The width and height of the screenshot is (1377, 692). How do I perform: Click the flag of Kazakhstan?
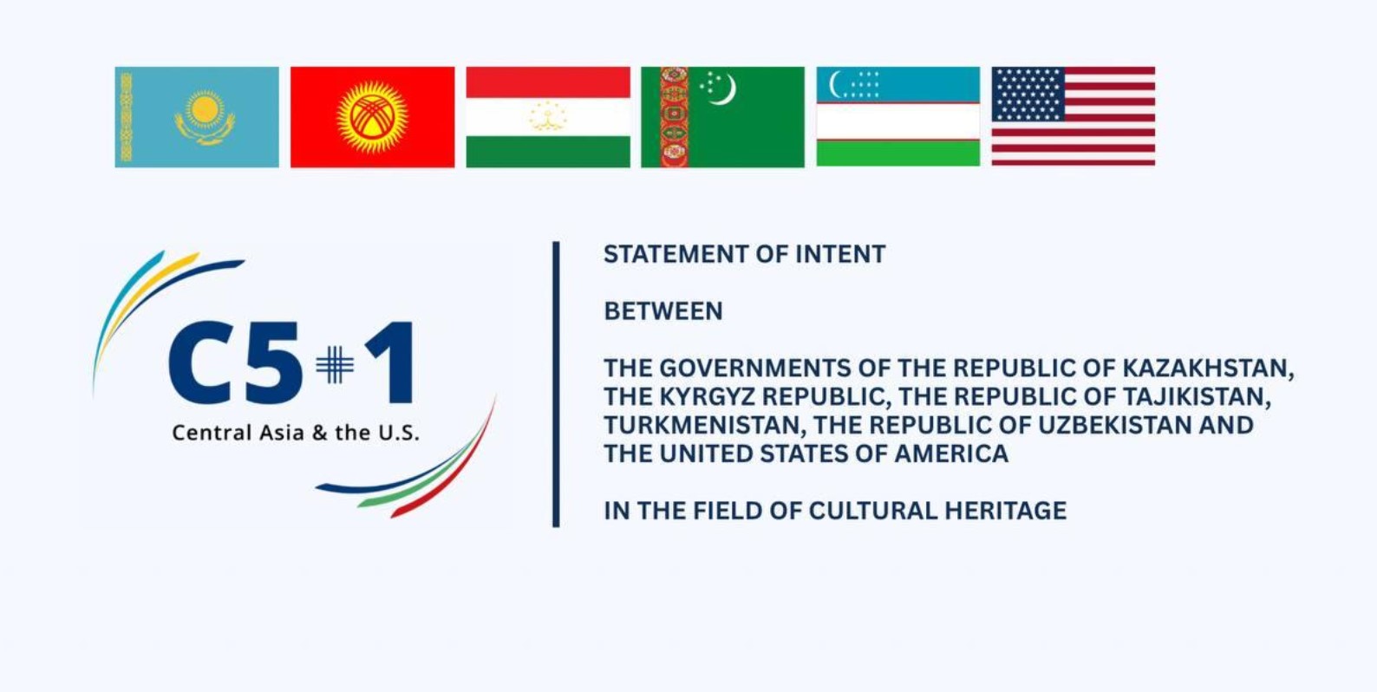pyautogui.click(x=197, y=117)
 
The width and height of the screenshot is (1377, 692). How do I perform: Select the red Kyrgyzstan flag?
pyautogui.click(x=373, y=117)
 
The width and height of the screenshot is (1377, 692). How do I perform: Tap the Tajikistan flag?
pyautogui.click(x=548, y=117)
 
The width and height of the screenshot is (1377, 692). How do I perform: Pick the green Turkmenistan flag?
pyautogui.click(x=723, y=117)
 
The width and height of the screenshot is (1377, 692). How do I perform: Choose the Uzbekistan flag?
pyautogui.click(x=898, y=116)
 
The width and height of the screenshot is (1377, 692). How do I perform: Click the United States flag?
pyautogui.click(x=1074, y=116)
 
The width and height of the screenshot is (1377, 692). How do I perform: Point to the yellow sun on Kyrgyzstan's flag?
pyautogui.click(x=373, y=117)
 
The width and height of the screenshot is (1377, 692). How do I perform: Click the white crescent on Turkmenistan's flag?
pyautogui.click(x=723, y=89)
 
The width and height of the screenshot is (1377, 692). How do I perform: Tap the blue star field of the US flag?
pyautogui.click(x=1028, y=94)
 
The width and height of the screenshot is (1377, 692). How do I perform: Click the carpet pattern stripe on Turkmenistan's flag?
pyautogui.click(x=675, y=117)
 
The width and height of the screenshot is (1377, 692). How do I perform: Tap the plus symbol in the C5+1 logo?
pyautogui.click(x=335, y=364)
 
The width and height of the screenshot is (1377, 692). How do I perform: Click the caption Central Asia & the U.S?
pyautogui.click(x=296, y=433)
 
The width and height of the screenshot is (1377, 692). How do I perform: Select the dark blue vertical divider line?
pyautogui.click(x=556, y=384)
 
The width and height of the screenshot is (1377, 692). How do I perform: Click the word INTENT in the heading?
pyautogui.click(x=840, y=254)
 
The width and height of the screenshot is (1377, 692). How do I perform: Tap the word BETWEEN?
pyautogui.click(x=663, y=311)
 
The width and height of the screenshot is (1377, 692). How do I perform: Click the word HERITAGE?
pyautogui.click(x=1006, y=511)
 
